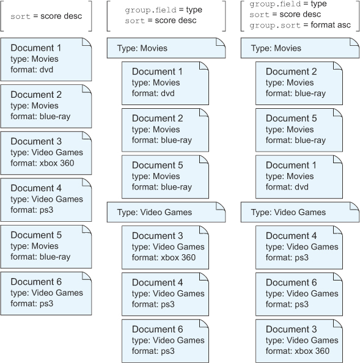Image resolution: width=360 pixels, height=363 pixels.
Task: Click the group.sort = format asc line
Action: click(x=300, y=25)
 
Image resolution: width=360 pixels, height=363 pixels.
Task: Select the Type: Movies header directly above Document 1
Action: click(x=166, y=48)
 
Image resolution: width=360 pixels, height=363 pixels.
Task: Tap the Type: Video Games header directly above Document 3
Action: click(x=166, y=212)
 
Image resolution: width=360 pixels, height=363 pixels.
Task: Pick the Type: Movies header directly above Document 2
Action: click(x=300, y=48)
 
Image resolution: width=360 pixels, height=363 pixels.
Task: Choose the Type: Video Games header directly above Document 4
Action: click(x=300, y=212)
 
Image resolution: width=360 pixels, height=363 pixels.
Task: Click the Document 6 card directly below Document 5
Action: click(x=46, y=293)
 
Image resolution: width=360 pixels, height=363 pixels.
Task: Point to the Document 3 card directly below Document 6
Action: click(x=299, y=341)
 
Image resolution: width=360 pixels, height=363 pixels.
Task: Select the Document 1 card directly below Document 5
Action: click(x=299, y=177)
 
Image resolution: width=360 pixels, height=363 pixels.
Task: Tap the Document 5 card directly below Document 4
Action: click(x=46, y=247)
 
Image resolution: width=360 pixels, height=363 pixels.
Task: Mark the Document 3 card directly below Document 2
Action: click(x=46, y=153)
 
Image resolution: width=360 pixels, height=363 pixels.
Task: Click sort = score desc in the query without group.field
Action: click(x=46, y=16)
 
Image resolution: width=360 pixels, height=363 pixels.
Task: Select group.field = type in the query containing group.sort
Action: click(x=288, y=4)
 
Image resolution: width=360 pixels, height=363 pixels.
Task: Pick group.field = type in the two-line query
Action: click(x=163, y=10)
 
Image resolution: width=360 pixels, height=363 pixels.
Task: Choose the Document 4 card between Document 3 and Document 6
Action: click(x=165, y=294)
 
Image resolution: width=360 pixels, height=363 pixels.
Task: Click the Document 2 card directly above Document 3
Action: click(x=46, y=106)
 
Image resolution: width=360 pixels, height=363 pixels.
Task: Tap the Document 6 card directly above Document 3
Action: click(x=299, y=294)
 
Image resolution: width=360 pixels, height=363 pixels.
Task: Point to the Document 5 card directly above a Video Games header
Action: click(x=165, y=177)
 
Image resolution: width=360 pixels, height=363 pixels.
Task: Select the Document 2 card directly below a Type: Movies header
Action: click(x=299, y=83)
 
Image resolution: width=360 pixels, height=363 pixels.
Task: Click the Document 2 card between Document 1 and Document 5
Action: click(x=165, y=130)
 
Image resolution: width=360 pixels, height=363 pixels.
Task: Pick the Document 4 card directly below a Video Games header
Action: click(x=299, y=248)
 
